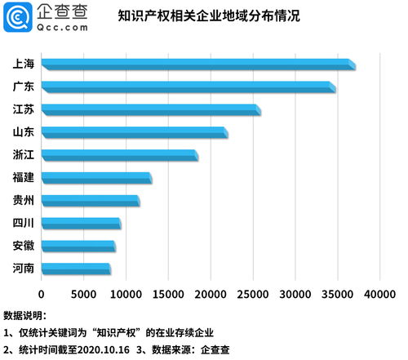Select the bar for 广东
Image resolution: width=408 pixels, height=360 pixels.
coord(188,87)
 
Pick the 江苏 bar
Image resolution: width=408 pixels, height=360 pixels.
coord(150,109)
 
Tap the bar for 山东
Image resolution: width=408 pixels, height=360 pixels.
coord(134,132)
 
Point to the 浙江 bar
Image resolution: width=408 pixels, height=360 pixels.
coord(119,155)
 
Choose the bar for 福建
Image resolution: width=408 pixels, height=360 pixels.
coord(95,178)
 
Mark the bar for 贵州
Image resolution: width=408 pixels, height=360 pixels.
coord(90,201)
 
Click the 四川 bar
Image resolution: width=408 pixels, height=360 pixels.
coord(80,223)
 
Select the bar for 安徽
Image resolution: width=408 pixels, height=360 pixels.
coord(78,246)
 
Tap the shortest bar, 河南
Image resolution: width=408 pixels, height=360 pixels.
coord(75,269)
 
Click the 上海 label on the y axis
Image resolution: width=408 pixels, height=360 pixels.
coord(24,64)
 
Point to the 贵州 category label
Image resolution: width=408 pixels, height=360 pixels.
coord(24,200)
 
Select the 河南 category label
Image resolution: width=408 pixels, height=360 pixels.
coord(24,269)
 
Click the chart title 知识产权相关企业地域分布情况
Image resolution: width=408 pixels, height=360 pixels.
coord(209,16)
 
